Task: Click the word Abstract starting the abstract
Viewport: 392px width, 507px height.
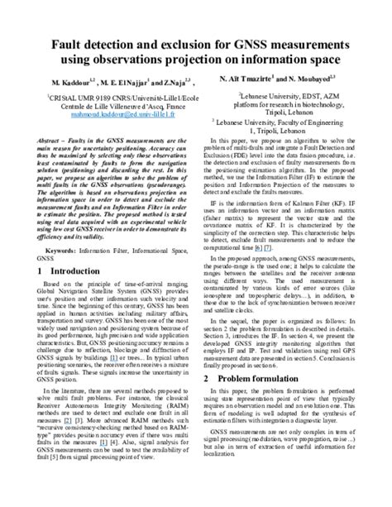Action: point(49,142)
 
